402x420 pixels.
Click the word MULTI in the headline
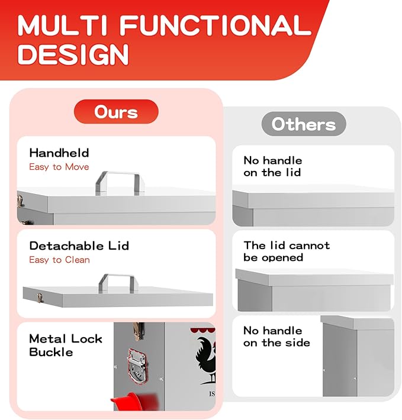pyautogui.click(x=62, y=25)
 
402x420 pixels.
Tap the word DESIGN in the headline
pyautogui.click(x=73, y=54)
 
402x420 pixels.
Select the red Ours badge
pyautogui.click(x=116, y=112)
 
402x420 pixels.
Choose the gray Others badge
pyautogui.click(x=304, y=124)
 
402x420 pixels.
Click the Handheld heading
pyautogui.click(x=59, y=153)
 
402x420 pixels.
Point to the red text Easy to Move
pyautogui.click(x=59, y=167)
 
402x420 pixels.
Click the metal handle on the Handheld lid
pyautogui.click(x=120, y=183)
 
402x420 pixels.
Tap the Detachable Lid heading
pyautogui.click(x=79, y=246)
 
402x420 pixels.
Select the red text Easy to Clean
pyautogui.click(x=59, y=260)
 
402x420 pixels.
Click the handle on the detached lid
pyautogui.click(x=118, y=283)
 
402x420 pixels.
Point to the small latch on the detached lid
pyautogui.click(x=40, y=298)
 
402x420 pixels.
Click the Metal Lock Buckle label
pyautogui.click(x=65, y=345)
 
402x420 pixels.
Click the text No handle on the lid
pyautogui.click(x=273, y=166)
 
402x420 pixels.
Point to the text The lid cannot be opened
pyautogui.click(x=287, y=251)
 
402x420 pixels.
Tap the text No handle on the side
pyautogui.click(x=276, y=337)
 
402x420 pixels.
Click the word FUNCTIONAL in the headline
pyautogui.click(x=215, y=25)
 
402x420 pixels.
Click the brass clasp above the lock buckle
pyautogui.click(x=139, y=331)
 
